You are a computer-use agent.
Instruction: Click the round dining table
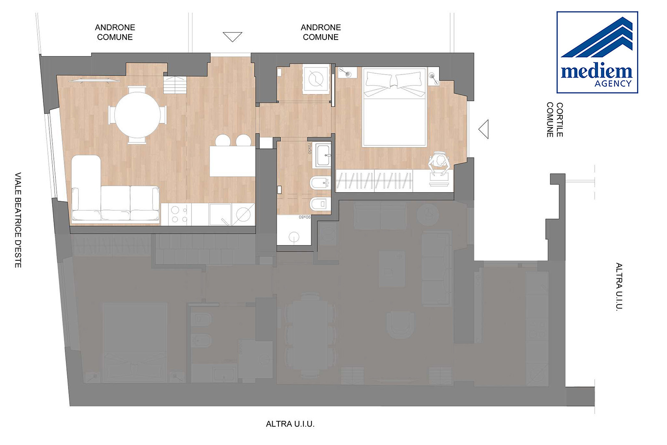[137, 115]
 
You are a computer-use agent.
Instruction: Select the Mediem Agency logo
[597, 52]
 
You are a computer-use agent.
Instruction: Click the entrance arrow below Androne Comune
[232, 37]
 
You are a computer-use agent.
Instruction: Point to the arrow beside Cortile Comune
[484, 129]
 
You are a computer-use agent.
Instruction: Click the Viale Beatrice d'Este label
[18, 220]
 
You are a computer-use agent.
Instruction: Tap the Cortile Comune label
[555, 120]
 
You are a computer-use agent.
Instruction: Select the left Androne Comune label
[115, 32]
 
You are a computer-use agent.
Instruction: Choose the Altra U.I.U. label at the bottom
[290, 424]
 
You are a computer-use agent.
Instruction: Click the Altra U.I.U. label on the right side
[619, 287]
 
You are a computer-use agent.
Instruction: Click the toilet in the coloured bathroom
[321, 204]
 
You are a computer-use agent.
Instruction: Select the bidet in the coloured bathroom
[321, 182]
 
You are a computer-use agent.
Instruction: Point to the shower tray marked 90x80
[294, 230]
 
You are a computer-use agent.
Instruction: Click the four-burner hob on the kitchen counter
[180, 214]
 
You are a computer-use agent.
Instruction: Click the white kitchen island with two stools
[232, 161]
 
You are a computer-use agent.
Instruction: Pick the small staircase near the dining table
[175, 85]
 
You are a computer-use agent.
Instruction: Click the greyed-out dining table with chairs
[310, 334]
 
